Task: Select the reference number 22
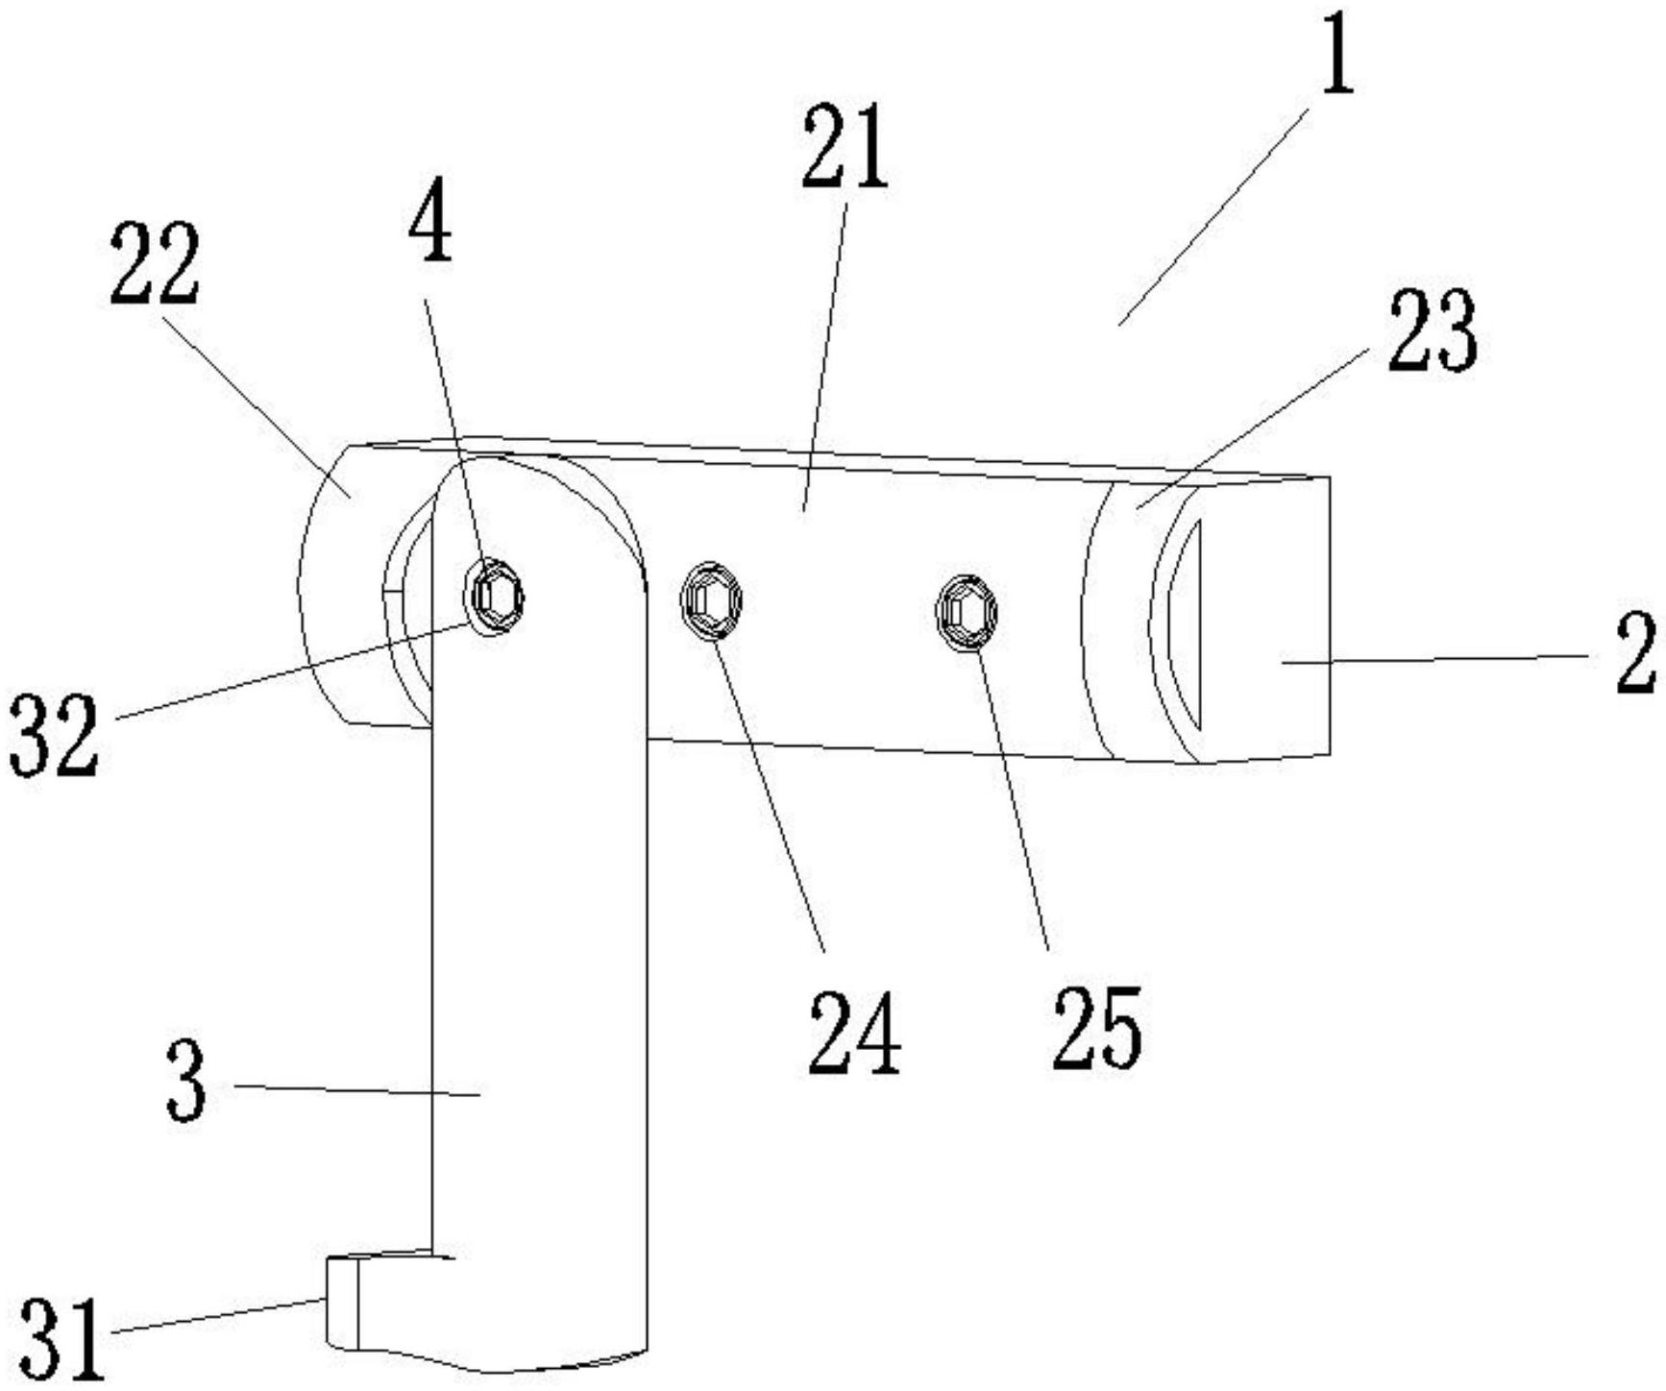155,263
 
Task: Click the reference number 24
854,1032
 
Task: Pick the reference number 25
1097,1029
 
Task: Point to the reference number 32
54,735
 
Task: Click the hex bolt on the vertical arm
495,597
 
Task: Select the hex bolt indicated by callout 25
967,610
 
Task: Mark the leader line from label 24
768,788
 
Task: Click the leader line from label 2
1441,657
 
